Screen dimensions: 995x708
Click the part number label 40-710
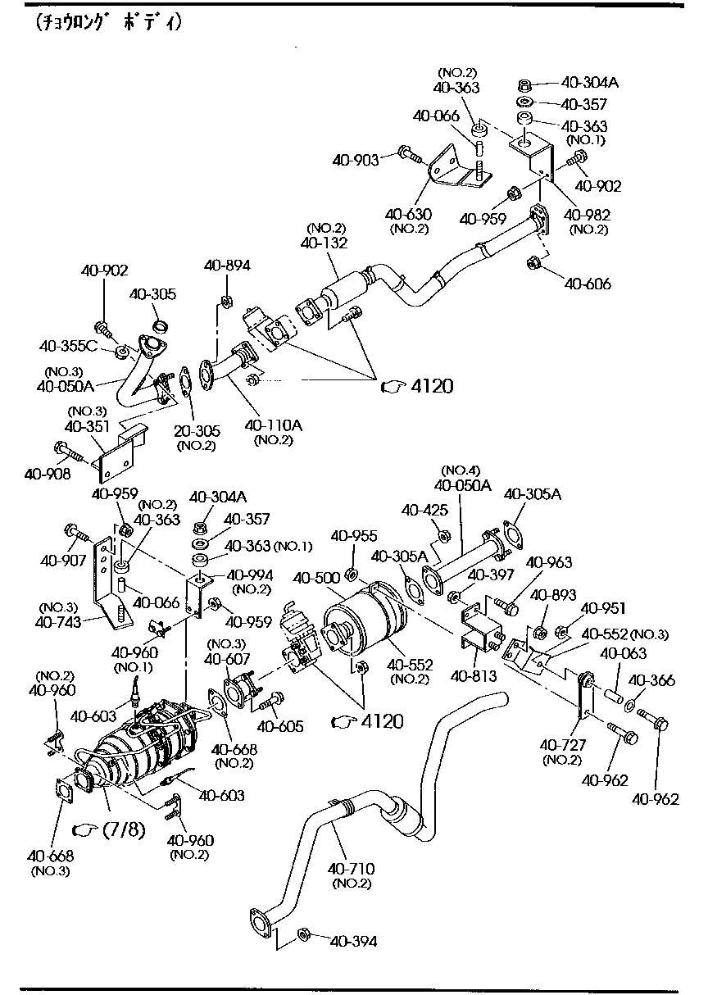(x=352, y=868)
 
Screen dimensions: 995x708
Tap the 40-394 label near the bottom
(x=353, y=942)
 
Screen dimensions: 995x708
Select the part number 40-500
(x=316, y=578)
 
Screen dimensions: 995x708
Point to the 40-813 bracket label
(x=473, y=676)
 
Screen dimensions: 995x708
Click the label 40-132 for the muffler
(x=324, y=243)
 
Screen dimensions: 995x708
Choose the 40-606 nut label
(x=588, y=284)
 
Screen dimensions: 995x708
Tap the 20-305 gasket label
(x=196, y=431)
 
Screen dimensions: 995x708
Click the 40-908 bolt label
(x=48, y=473)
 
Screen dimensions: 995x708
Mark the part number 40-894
(x=228, y=265)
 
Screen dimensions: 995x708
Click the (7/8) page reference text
(x=124, y=830)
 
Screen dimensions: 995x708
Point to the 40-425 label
(x=425, y=511)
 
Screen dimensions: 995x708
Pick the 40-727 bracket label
(x=561, y=745)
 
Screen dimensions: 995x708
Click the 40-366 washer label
(x=652, y=679)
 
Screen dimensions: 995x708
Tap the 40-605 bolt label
(x=280, y=726)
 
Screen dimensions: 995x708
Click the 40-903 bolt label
(x=356, y=160)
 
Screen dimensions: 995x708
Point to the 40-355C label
(x=70, y=346)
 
